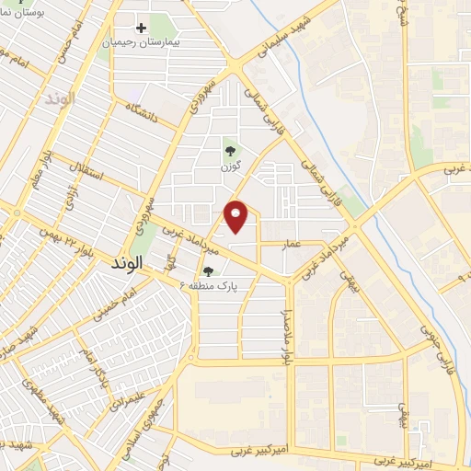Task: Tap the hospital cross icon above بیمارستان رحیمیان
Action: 141,28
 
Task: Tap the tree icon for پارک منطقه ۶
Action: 210,271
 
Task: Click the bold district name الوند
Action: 127,264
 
